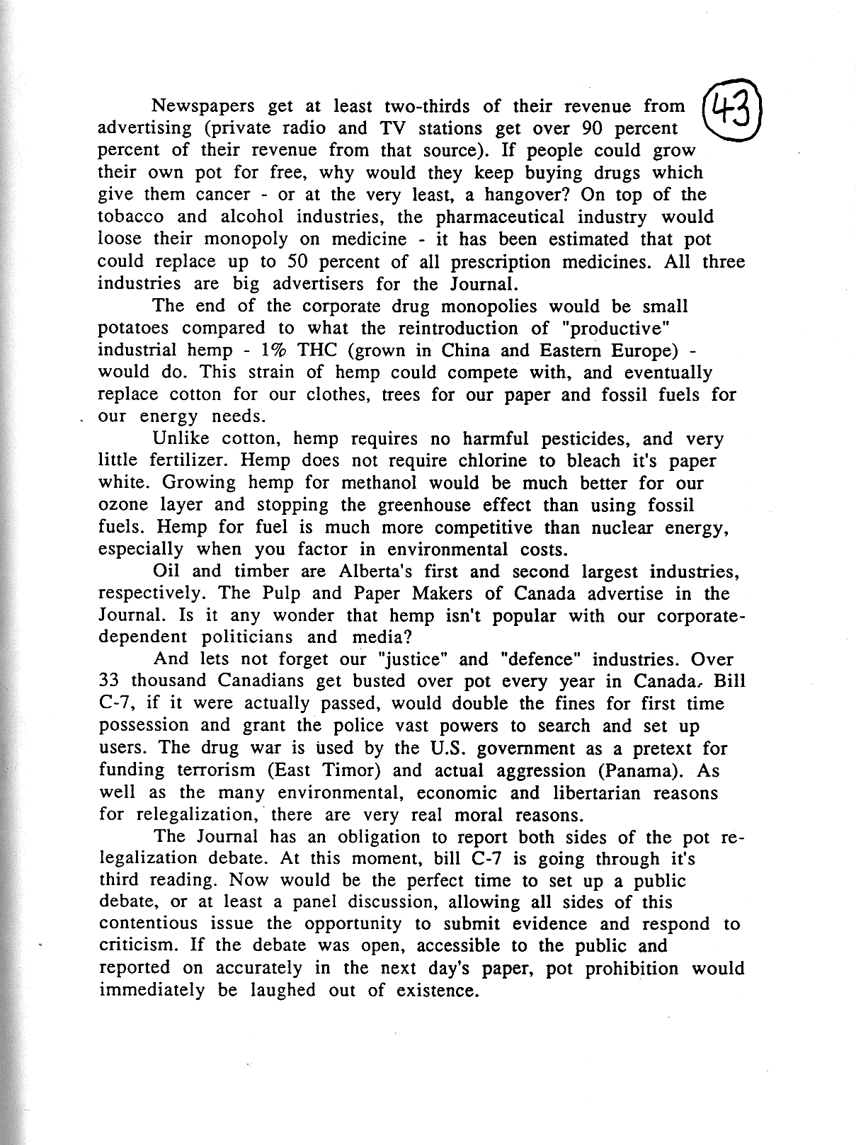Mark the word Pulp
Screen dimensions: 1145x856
point(270,593)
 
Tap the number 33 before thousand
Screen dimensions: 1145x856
point(110,681)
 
